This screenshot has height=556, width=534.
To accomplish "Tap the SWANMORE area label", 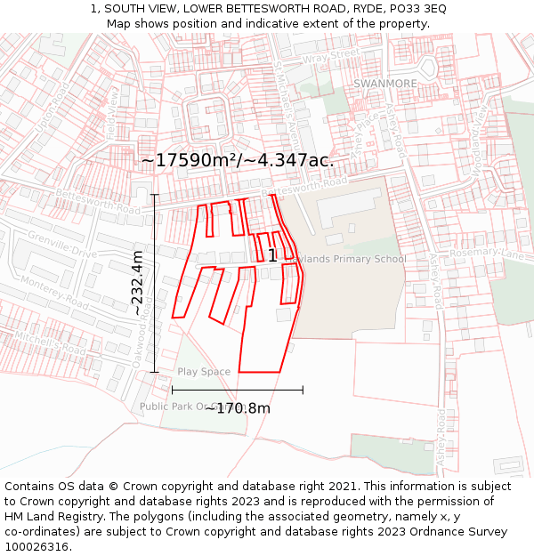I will click(x=385, y=84).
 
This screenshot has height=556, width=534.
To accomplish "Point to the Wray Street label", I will click(x=330, y=59).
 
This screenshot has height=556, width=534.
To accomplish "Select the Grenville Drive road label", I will click(x=61, y=243).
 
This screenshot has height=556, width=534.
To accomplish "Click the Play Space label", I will click(x=204, y=372).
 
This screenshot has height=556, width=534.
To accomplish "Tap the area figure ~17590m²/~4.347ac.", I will click(x=237, y=160).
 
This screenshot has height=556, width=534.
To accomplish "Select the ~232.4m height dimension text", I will click(x=137, y=283).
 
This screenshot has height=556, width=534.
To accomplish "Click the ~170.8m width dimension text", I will click(x=238, y=408).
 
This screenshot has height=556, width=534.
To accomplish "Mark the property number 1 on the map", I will click(x=271, y=255).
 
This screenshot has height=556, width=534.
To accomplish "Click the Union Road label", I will click(x=53, y=106).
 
